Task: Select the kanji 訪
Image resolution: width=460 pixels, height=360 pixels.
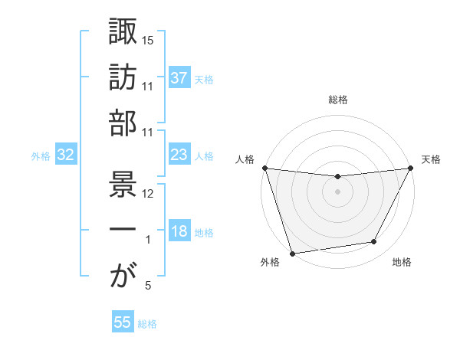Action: (x=123, y=77)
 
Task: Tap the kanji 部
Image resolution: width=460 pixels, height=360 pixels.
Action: (x=123, y=123)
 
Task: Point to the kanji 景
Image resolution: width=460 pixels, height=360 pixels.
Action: (x=123, y=185)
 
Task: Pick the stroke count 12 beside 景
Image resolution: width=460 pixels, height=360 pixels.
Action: (x=148, y=194)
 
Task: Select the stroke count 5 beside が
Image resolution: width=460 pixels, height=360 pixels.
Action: (x=148, y=286)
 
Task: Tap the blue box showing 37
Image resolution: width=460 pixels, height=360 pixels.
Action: (x=179, y=78)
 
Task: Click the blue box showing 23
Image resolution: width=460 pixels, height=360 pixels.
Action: (x=179, y=155)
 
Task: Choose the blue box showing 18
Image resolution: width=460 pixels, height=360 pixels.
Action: (x=179, y=232)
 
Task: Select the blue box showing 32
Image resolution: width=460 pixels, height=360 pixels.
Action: (x=65, y=155)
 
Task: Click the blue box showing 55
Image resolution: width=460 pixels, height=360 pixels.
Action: (x=123, y=322)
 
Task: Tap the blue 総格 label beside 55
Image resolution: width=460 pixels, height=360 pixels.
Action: (x=147, y=323)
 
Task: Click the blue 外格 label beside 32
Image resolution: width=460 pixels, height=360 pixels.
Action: (x=41, y=156)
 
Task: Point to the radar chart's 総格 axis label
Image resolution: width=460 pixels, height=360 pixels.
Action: (x=337, y=100)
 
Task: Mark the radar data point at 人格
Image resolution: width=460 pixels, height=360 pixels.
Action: (x=265, y=168)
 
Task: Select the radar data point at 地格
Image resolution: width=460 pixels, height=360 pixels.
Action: (x=374, y=242)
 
